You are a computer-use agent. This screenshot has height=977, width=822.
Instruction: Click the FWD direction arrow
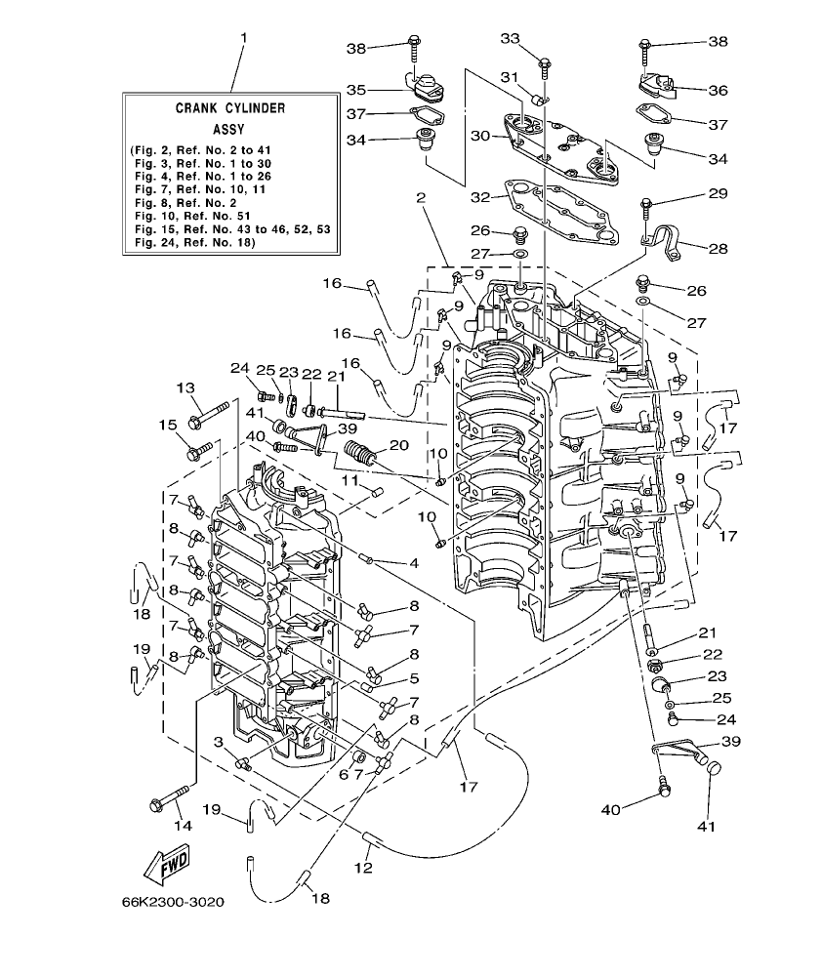click(x=167, y=862)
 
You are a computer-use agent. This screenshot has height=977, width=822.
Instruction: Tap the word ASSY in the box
click(x=230, y=128)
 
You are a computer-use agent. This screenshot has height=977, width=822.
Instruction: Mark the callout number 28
click(x=718, y=249)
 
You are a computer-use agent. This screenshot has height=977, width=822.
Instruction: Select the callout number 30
click(x=480, y=137)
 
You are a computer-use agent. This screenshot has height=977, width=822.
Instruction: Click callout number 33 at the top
click(x=511, y=38)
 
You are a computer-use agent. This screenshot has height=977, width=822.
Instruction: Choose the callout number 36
click(x=718, y=90)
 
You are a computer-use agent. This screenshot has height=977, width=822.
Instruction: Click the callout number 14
click(x=183, y=825)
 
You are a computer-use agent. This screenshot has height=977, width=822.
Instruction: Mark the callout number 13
click(x=185, y=388)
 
